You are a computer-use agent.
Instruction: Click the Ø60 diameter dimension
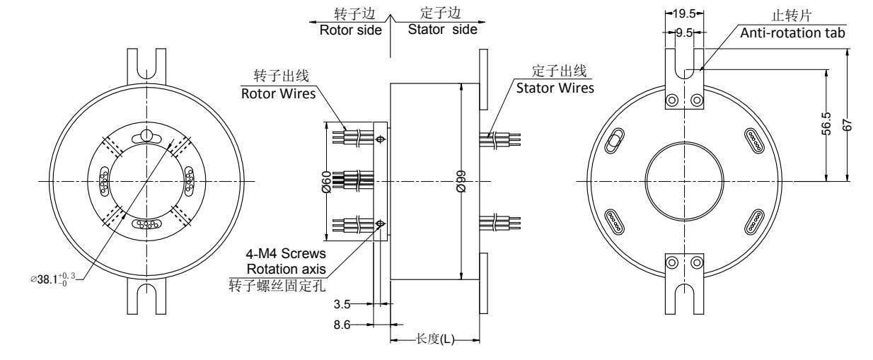[325, 182]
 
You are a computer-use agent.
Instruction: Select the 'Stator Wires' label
[555, 88]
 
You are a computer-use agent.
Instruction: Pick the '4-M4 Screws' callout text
[291, 253]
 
